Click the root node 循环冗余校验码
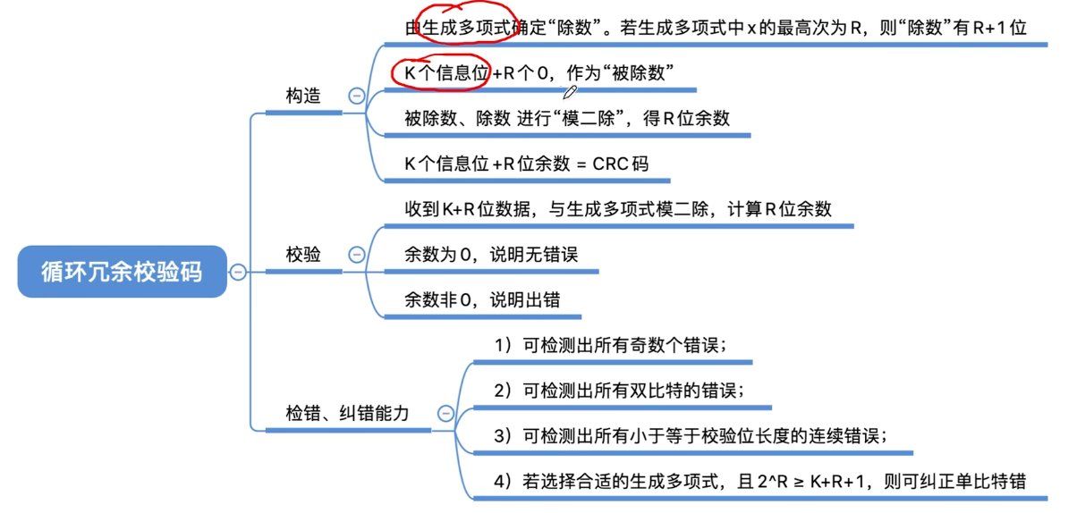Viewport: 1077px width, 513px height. [x=123, y=272]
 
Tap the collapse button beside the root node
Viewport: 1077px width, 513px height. [x=238, y=272]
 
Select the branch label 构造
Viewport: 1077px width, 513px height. [x=303, y=96]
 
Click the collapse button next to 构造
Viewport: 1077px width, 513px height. [x=356, y=96]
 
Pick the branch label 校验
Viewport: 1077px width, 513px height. [x=303, y=254]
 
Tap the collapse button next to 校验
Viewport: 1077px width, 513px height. [x=356, y=254]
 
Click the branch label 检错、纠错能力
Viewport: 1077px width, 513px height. [x=347, y=413]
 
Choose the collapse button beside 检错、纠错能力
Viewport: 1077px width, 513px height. [x=445, y=413]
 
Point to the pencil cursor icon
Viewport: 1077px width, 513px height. [x=570, y=92]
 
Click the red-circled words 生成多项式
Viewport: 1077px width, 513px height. [x=466, y=28]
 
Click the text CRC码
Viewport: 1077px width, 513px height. [x=620, y=164]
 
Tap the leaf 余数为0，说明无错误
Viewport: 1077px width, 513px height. [x=491, y=255]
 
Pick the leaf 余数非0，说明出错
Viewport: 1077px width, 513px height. [x=482, y=300]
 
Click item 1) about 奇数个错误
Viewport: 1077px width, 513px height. [x=610, y=345]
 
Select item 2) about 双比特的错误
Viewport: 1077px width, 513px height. [x=619, y=391]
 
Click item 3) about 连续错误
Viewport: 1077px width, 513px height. [x=691, y=436]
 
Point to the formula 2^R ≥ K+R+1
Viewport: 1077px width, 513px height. [x=810, y=482]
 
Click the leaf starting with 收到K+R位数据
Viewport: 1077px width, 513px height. [x=618, y=209]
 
